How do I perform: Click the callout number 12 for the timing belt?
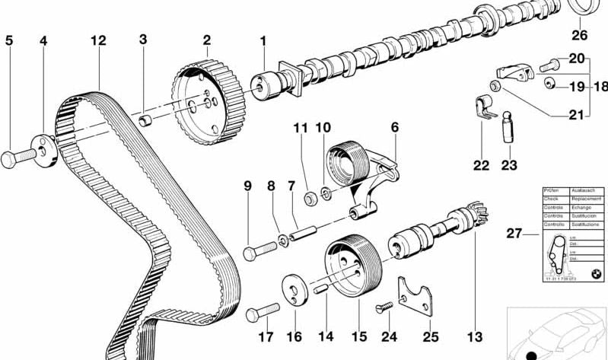tap(97, 40)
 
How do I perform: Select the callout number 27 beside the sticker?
tap(515, 233)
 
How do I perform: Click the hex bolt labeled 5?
tap(21, 158)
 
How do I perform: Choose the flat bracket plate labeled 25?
tap(415, 299)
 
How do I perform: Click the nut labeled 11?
tap(311, 199)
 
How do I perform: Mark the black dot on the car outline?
tap(531, 355)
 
